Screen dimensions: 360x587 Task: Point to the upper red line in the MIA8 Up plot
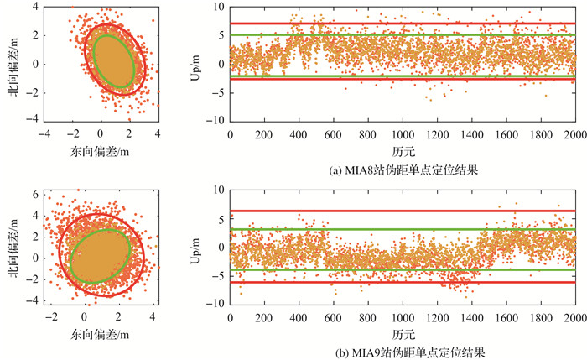tap(403, 23)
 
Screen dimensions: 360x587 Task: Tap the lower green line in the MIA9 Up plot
tap(403, 269)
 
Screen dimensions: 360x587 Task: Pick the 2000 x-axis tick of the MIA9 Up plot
tap(575, 317)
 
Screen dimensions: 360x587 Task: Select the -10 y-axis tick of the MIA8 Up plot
tap(217, 121)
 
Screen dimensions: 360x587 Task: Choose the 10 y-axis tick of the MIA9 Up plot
tap(220, 190)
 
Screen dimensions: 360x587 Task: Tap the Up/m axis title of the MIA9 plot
tap(198, 248)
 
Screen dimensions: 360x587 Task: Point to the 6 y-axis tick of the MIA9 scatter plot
tap(37, 193)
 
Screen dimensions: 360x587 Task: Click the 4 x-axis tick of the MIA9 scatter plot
tap(153, 317)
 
